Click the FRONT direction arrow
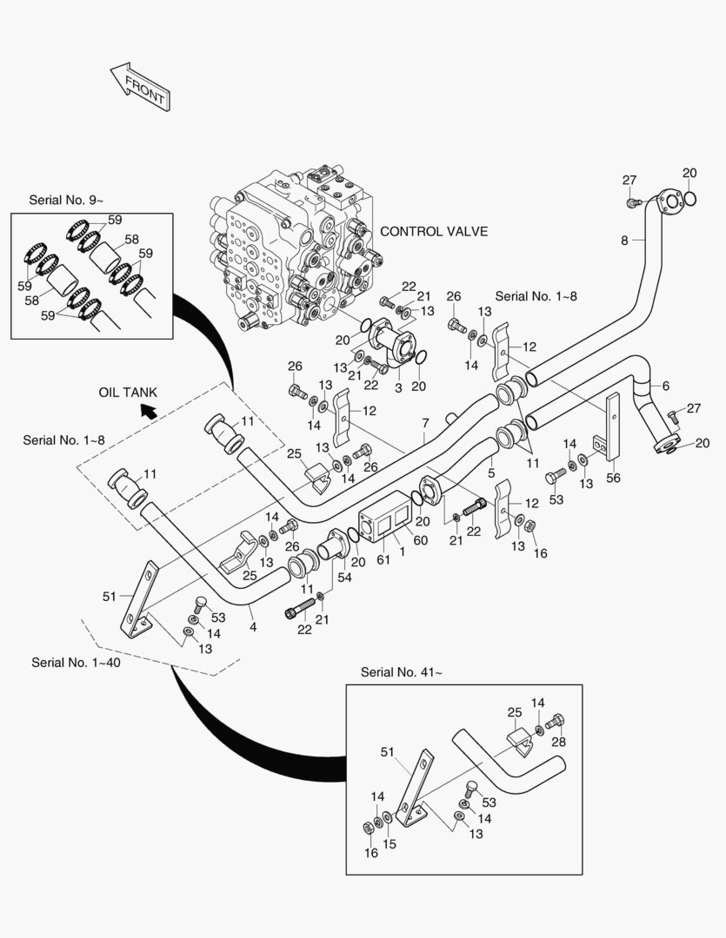pyautogui.click(x=139, y=87)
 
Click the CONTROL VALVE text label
pyautogui.click(x=434, y=231)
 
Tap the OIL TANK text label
pyautogui.click(x=128, y=393)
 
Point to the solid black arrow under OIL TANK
pyautogui.click(x=150, y=411)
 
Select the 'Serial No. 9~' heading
pyautogui.click(x=63, y=199)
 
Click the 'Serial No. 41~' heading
pyautogui.click(x=401, y=671)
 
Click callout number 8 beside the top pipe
pyautogui.click(x=623, y=241)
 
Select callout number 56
pyautogui.click(x=614, y=478)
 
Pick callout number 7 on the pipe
pyautogui.click(x=425, y=422)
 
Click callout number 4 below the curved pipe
pyautogui.click(x=252, y=626)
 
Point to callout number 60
pyautogui.click(x=421, y=541)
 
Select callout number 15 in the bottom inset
pyautogui.click(x=390, y=842)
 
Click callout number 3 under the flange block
pyautogui.click(x=398, y=388)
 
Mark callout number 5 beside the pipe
pyautogui.click(x=490, y=473)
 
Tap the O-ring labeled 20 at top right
pyautogui.click(x=690, y=200)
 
